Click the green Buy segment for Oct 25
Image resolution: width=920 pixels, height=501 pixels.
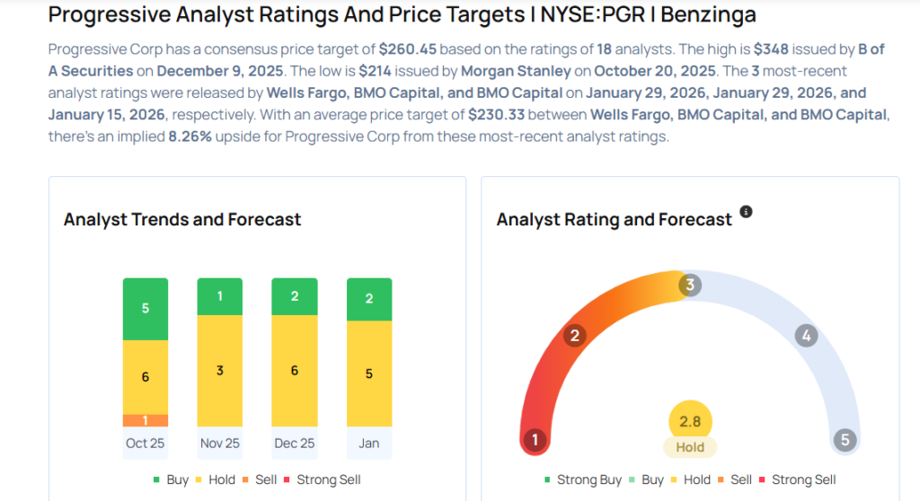pos(146,309)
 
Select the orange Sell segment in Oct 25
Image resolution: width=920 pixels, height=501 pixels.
pos(146,420)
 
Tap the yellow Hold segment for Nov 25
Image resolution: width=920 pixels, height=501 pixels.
pos(219,371)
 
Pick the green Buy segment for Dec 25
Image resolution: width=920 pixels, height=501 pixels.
pos(294,296)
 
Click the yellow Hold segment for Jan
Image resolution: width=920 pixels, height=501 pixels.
pos(368,374)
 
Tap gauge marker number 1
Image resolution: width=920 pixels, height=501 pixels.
pos(535,440)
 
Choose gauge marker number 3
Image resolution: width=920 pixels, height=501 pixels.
pos(690,286)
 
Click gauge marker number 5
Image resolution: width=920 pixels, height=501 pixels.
pos(844,440)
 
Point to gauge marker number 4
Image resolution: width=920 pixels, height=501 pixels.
pos(806,337)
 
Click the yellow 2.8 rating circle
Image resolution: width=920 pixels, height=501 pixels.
pos(690,422)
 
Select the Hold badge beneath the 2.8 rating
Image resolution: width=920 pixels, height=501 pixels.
pos(690,446)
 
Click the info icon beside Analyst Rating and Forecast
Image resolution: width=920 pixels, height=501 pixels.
pos(746,213)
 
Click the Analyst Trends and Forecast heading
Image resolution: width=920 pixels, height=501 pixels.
pos(182,220)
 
